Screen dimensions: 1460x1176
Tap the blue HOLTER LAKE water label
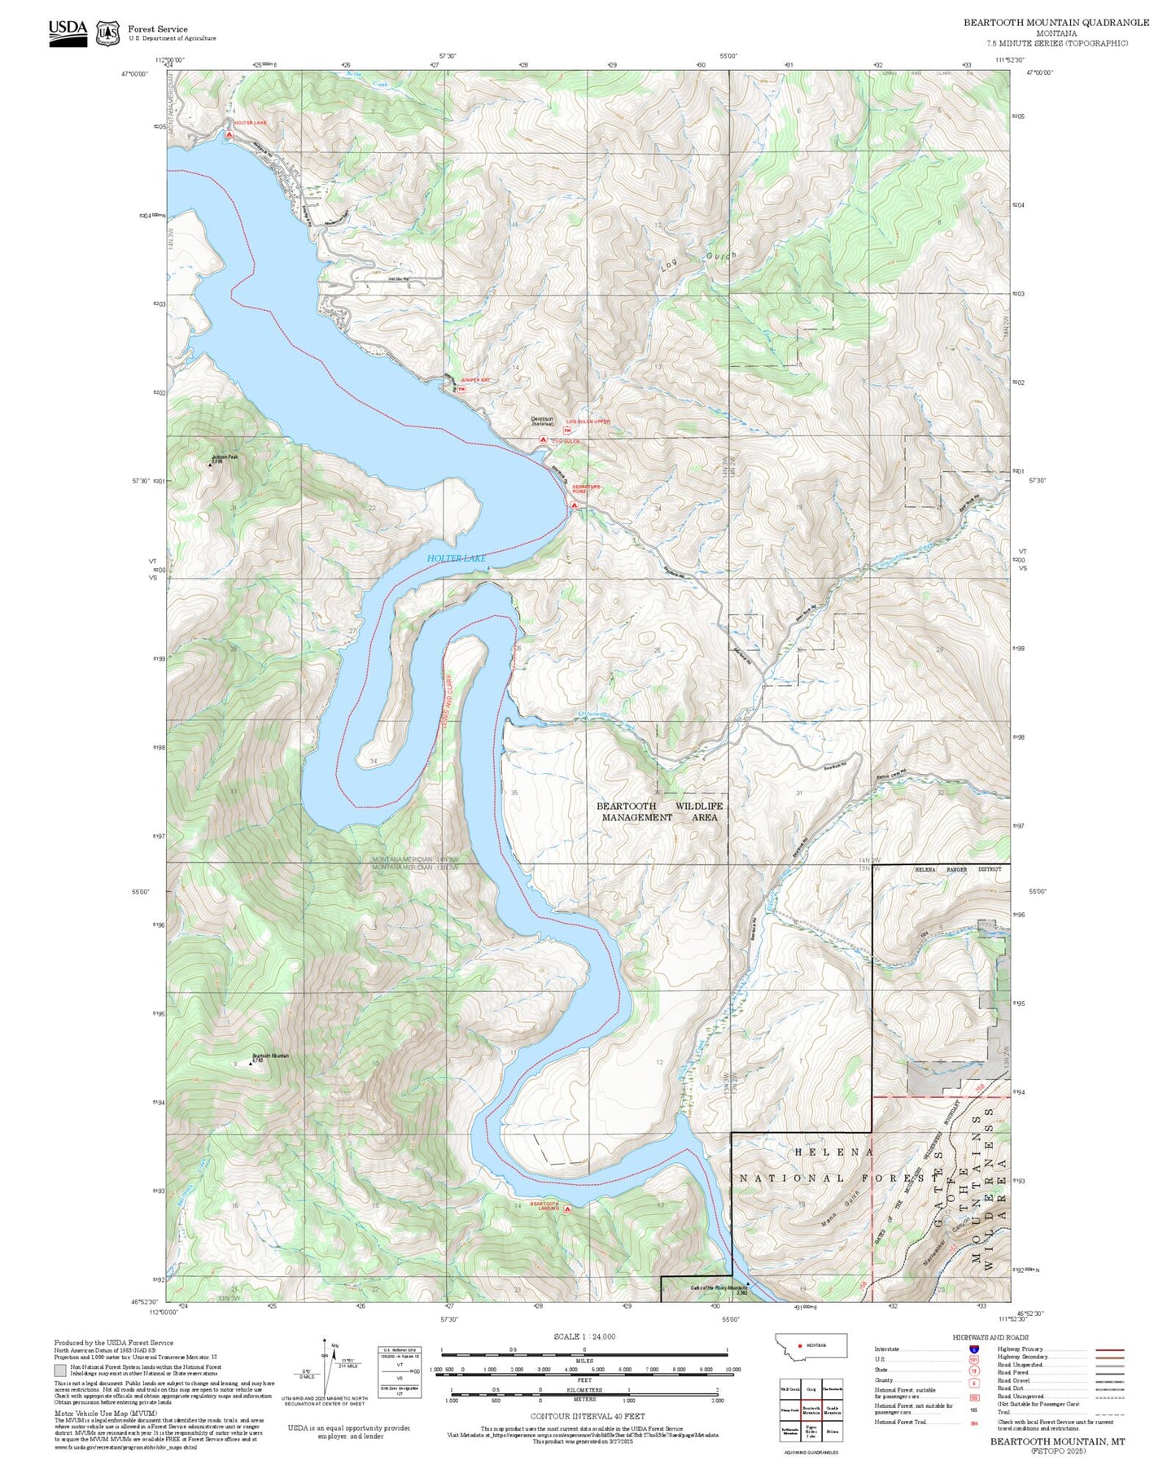point(456,558)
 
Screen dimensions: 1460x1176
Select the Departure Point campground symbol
point(574,505)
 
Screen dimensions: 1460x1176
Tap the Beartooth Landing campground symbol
point(567,1209)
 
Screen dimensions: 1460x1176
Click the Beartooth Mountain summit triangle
point(251,1063)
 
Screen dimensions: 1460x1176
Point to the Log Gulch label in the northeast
point(699,264)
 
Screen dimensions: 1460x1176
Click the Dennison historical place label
point(542,420)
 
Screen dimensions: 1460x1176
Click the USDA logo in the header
point(68,32)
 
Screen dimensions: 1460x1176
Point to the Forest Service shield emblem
point(107,33)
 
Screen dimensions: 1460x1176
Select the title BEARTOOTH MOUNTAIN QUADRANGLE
point(1056,23)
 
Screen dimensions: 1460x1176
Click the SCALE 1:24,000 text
point(584,1336)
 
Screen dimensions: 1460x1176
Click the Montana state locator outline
point(811,1344)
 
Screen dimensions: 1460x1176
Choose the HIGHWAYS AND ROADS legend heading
point(990,1337)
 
